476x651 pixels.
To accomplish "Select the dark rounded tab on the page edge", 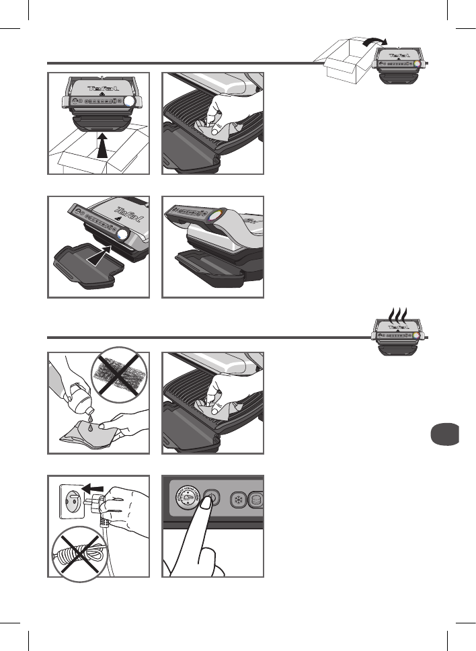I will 442,434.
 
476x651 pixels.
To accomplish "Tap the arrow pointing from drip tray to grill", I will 100,257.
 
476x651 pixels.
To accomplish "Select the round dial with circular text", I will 187,501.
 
